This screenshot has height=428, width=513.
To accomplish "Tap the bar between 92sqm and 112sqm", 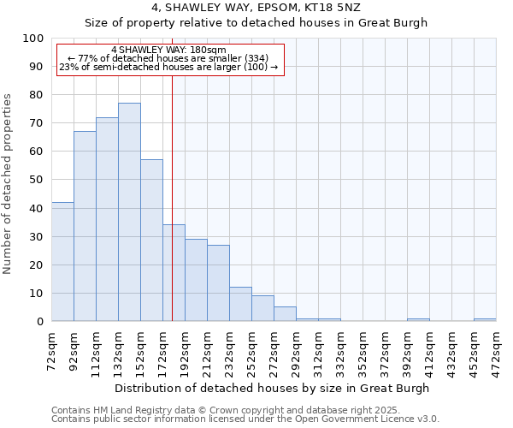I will (85, 226).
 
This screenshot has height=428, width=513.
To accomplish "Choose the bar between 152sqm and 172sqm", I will (151, 241).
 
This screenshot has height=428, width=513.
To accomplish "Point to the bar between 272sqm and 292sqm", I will (285, 314).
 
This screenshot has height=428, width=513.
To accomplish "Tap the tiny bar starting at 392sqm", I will (418, 319).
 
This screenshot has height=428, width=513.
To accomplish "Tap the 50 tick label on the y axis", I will (37, 180).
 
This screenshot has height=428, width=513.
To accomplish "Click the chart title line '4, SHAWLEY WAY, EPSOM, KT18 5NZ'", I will (256, 8).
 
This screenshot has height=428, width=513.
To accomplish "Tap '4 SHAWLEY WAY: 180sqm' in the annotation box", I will (168, 51).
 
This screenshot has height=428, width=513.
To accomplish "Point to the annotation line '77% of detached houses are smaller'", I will (168, 58).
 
